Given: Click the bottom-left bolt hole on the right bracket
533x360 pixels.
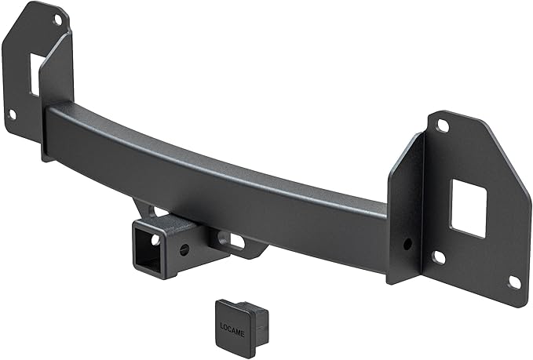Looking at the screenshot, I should pos(440,256).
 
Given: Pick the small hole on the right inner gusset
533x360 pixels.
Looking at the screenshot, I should pos(407,244).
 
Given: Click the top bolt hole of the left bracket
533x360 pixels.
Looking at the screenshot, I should pos(57,19).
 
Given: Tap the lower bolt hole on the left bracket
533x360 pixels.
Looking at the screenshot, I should pos(12,115).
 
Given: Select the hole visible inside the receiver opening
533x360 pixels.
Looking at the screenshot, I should pos(155,239).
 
